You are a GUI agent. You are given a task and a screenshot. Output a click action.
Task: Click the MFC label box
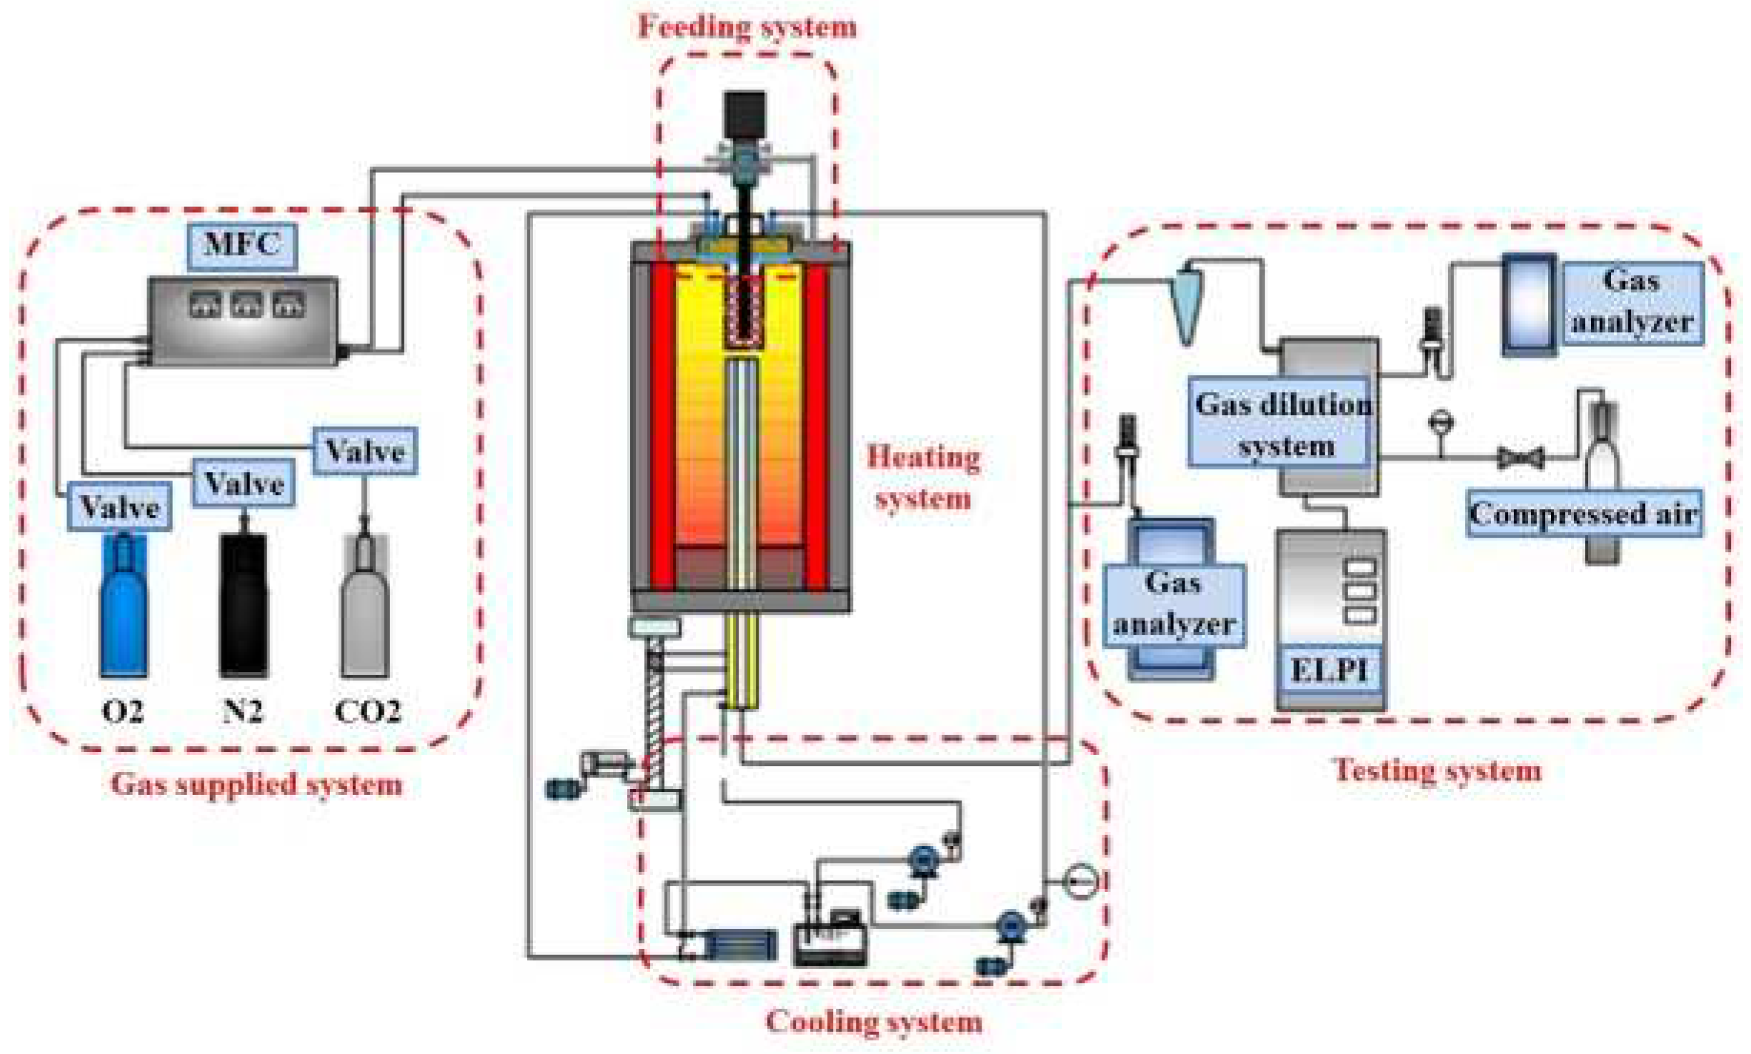pyautogui.click(x=242, y=246)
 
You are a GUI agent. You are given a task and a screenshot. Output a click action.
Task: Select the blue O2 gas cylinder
pyautogui.click(x=124, y=607)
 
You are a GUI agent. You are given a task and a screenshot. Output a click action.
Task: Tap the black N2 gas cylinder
pyautogui.click(x=244, y=603)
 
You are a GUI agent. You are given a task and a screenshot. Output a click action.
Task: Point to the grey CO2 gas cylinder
pyautogui.click(x=365, y=607)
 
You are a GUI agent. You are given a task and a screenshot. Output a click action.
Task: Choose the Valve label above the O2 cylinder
pyautogui.click(x=119, y=507)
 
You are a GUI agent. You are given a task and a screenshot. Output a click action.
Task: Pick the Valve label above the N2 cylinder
pyautogui.click(x=244, y=483)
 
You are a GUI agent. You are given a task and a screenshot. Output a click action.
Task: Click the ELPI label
pyautogui.click(x=1329, y=670)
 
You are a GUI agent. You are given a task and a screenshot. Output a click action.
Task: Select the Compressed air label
pyautogui.click(x=1584, y=513)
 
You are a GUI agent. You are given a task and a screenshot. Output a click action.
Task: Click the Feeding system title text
pyautogui.click(x=747, y=27)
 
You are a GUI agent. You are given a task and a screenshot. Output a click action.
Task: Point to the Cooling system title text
pyautogui.click(x=873, y=1021)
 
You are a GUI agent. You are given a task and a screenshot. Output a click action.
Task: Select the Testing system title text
pyautogui.click(x=1437, y=771)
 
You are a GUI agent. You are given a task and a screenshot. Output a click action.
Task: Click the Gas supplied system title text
pyautogui.click(x=256, y=784)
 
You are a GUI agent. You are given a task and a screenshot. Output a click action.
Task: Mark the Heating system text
pyautogui.click(x=923, y=477)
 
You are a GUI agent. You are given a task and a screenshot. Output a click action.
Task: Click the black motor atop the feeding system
pyautogui.click(x=744, y=114)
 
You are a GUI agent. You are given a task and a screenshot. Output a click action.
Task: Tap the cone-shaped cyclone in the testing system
pyautogui.click(x=1187, y=303)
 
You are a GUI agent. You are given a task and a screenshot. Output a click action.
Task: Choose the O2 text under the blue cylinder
pyautogui.click(x=123, y=711)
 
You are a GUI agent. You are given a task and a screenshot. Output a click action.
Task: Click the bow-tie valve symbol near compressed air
pyautogui.click(x=1521, y=458)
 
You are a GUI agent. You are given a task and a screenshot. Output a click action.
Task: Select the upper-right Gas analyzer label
pyautogui.click(x=1632, y=301)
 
